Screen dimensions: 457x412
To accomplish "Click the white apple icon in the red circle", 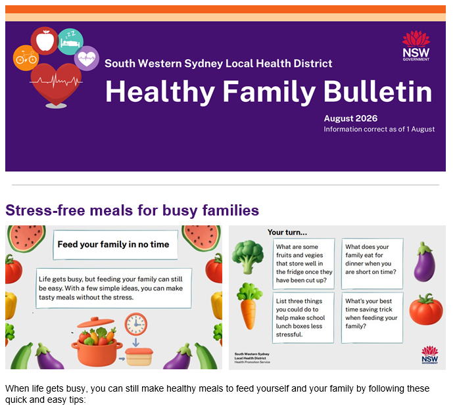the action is click(45, 41).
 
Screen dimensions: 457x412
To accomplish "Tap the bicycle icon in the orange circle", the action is click(26, 57).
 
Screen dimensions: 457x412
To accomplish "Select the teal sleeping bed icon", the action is click(70, 41).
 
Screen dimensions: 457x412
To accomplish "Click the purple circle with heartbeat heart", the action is click(87, 58).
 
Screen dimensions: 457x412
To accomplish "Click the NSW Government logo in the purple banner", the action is click(416, 46).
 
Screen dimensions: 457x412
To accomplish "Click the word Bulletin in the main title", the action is click(377, 92).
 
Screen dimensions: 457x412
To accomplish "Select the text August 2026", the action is click(350, 118).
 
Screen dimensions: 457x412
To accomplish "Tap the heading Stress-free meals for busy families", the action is click(132, 210).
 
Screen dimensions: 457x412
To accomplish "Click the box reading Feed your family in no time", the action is click(116, 244).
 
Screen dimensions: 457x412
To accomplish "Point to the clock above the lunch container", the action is click(136, 324).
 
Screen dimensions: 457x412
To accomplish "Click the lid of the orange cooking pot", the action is click(95, 323).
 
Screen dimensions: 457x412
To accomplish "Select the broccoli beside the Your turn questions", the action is click(248, 257).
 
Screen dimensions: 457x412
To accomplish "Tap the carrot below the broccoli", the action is click(249, 306).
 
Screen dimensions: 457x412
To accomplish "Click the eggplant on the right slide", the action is click(424, 262).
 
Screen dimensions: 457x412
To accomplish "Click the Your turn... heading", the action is click(287, 233).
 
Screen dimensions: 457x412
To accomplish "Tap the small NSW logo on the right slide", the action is click(429, 355).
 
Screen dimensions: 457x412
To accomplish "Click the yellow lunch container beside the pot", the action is click(139, 357).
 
